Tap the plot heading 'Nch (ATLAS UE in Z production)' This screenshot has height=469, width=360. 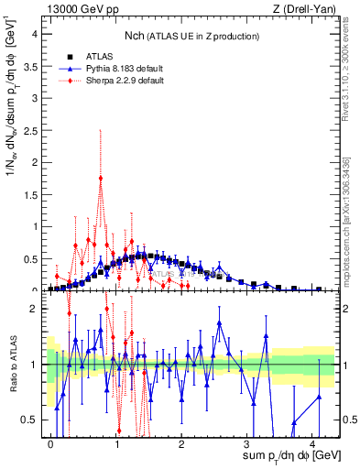coord(191,36)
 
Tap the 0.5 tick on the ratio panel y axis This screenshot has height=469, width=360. coord(31,420)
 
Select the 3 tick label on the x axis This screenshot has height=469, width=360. coord(247,443)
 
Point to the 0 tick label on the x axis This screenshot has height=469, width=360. coord(51,443)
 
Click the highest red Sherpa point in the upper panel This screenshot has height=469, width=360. coord(101,178)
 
